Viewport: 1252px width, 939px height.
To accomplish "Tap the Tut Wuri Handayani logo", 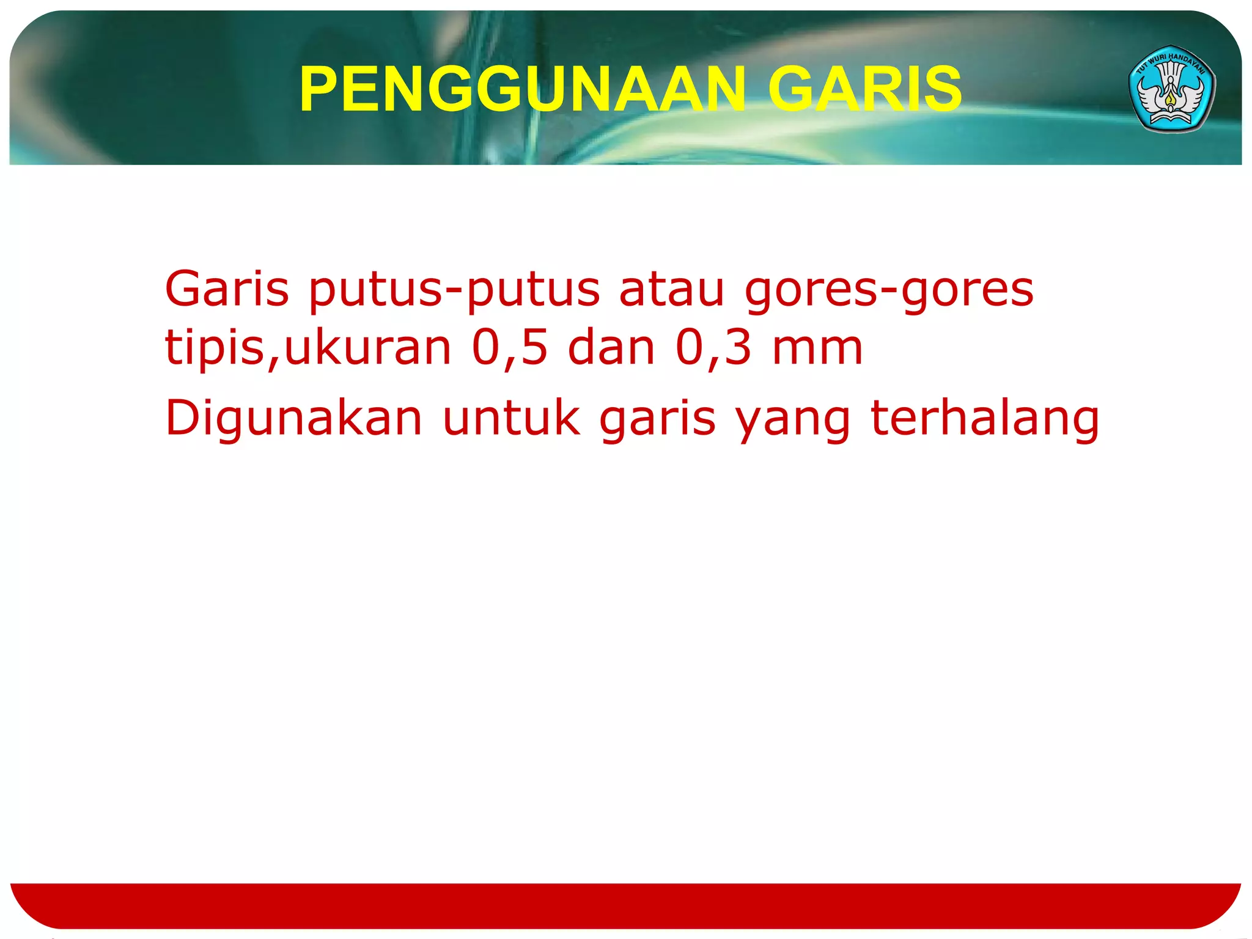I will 1171,89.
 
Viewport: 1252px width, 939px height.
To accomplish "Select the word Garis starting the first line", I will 227,289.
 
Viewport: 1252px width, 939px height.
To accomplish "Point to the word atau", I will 672,289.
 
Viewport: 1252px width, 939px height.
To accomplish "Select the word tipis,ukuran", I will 308,348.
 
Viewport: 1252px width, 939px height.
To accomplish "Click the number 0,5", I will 510,348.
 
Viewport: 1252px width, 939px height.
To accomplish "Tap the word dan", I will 611,347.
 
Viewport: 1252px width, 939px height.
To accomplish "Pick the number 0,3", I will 713,348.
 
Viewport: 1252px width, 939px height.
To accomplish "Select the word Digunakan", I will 293,419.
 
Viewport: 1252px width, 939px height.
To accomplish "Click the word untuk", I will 511,419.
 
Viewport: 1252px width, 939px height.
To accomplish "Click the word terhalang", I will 984,419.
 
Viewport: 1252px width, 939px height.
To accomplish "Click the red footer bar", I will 626,905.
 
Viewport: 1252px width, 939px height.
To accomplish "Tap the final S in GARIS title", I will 945,90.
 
